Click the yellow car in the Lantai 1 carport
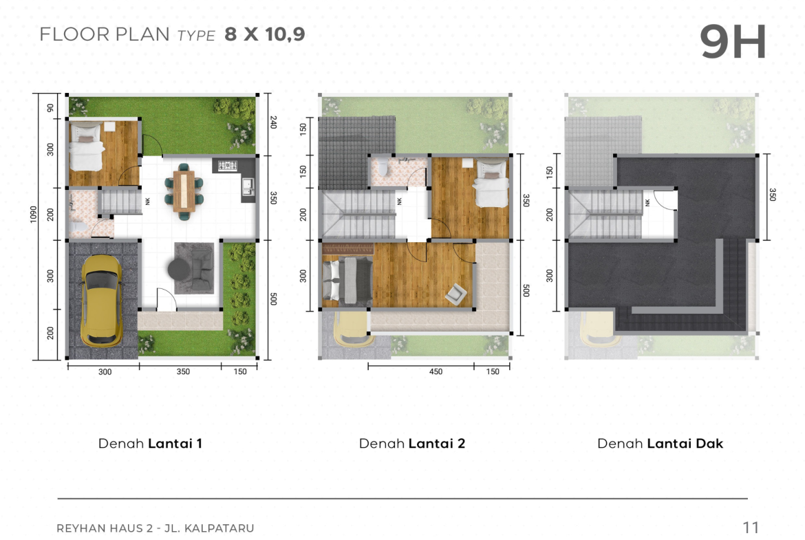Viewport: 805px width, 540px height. [102, 301]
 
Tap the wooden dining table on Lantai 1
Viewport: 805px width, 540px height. [184, 191]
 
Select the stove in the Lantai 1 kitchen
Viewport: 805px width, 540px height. [228, 165]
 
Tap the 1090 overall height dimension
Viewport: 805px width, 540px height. [34, 214]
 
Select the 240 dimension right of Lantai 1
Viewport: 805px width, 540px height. [273, 122]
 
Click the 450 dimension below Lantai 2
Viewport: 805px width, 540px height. [436, 371]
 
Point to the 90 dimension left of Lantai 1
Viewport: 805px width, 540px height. [50, 108]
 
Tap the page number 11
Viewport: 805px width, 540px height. [751, 527]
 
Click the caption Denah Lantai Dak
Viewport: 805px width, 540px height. [661, 444]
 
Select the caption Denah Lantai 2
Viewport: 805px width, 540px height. [411, 444]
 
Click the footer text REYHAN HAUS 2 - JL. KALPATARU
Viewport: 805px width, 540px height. [155, 528]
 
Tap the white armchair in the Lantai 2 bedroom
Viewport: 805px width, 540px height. [456, 294]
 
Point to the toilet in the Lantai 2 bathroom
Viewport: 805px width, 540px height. [383, 168]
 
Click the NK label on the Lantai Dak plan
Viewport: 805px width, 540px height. [647, 203]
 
